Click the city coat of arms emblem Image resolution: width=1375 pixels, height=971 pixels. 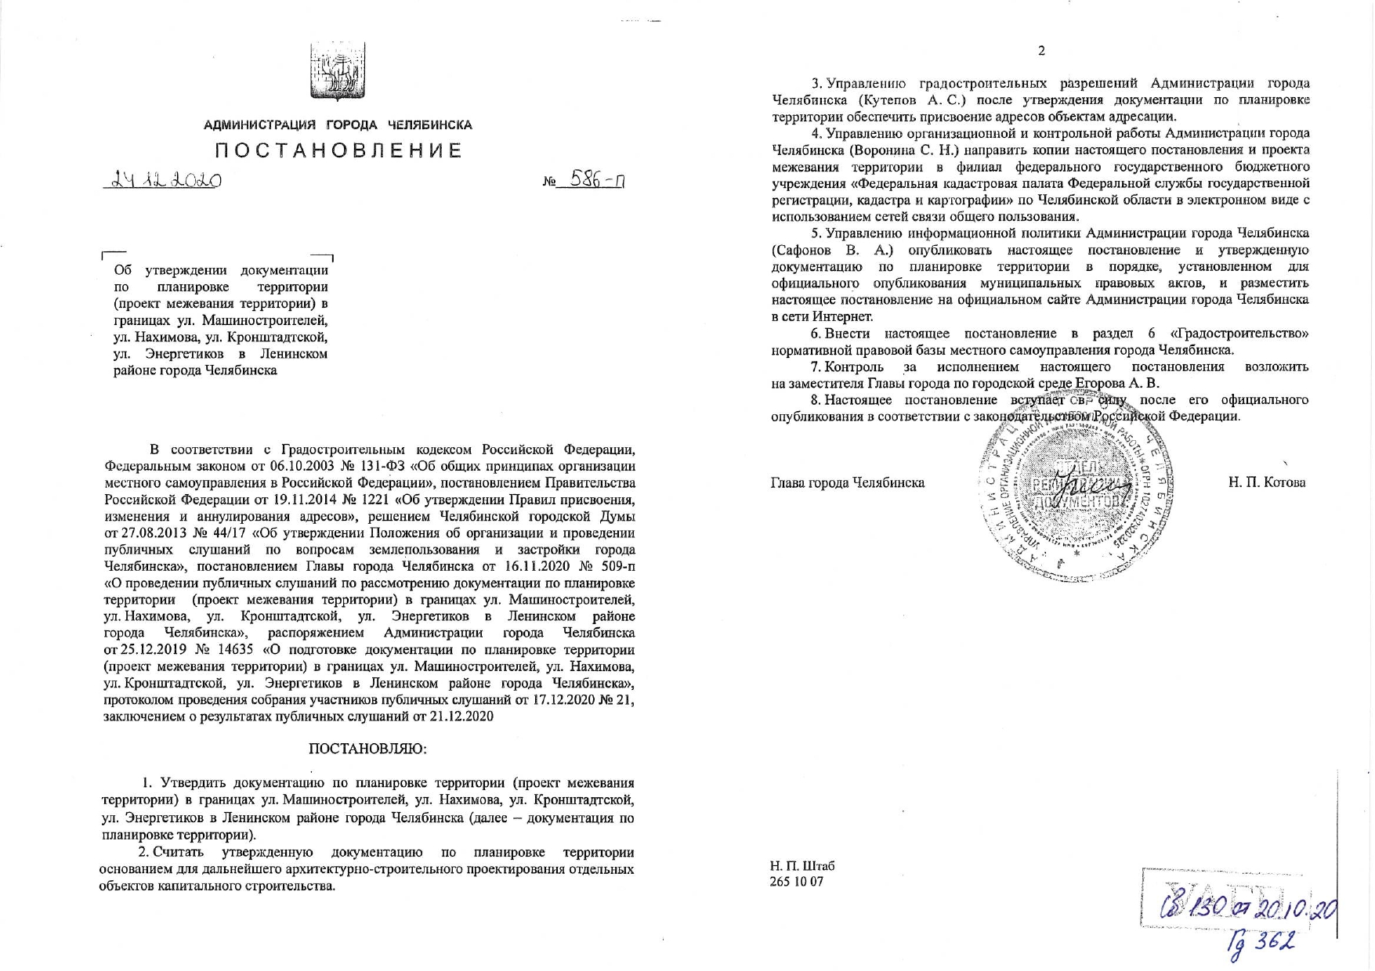point(338,72)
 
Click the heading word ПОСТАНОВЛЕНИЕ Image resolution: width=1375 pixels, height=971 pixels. point(338,150)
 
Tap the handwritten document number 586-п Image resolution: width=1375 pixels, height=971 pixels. point(597,182)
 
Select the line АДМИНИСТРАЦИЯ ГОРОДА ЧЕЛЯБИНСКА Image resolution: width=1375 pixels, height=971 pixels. point(338,125)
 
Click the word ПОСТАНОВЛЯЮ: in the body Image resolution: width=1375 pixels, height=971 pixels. point(368,749)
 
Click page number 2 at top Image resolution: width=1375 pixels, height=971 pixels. point(1041,51)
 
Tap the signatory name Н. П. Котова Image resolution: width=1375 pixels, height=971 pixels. point(1267,482)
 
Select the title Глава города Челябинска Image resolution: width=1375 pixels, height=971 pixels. point(848,482)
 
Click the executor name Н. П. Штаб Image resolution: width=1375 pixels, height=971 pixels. point(802,866)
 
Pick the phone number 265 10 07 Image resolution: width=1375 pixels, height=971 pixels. point(797,882)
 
